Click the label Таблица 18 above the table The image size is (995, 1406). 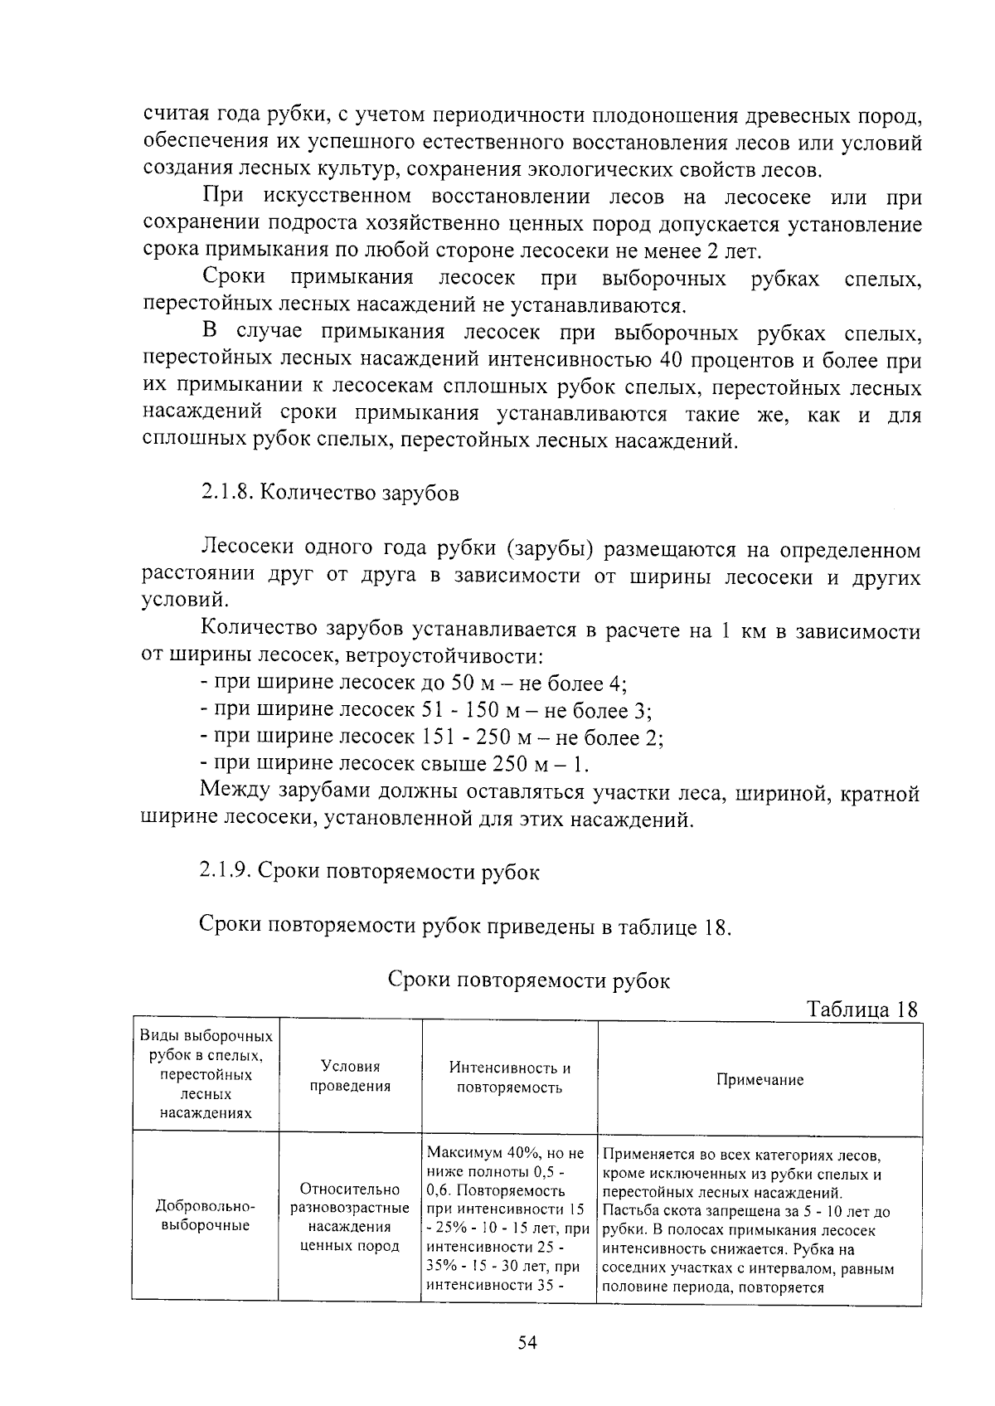(x=862, y=1009)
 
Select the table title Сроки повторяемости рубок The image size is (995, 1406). (x=529, y=980)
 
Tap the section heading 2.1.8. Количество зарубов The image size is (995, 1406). (x=329, y=493)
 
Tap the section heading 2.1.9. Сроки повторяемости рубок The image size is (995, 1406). (x=370, y=872)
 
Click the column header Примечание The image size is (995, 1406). (x=760, y=1080)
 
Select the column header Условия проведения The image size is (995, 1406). (x=350, y=1077)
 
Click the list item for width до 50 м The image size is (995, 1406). (x=413, y=684)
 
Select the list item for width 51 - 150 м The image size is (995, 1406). (x=425, y=710)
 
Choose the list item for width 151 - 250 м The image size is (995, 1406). (x=431, y=737)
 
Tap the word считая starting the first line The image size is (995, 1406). (x=177, y=115)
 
